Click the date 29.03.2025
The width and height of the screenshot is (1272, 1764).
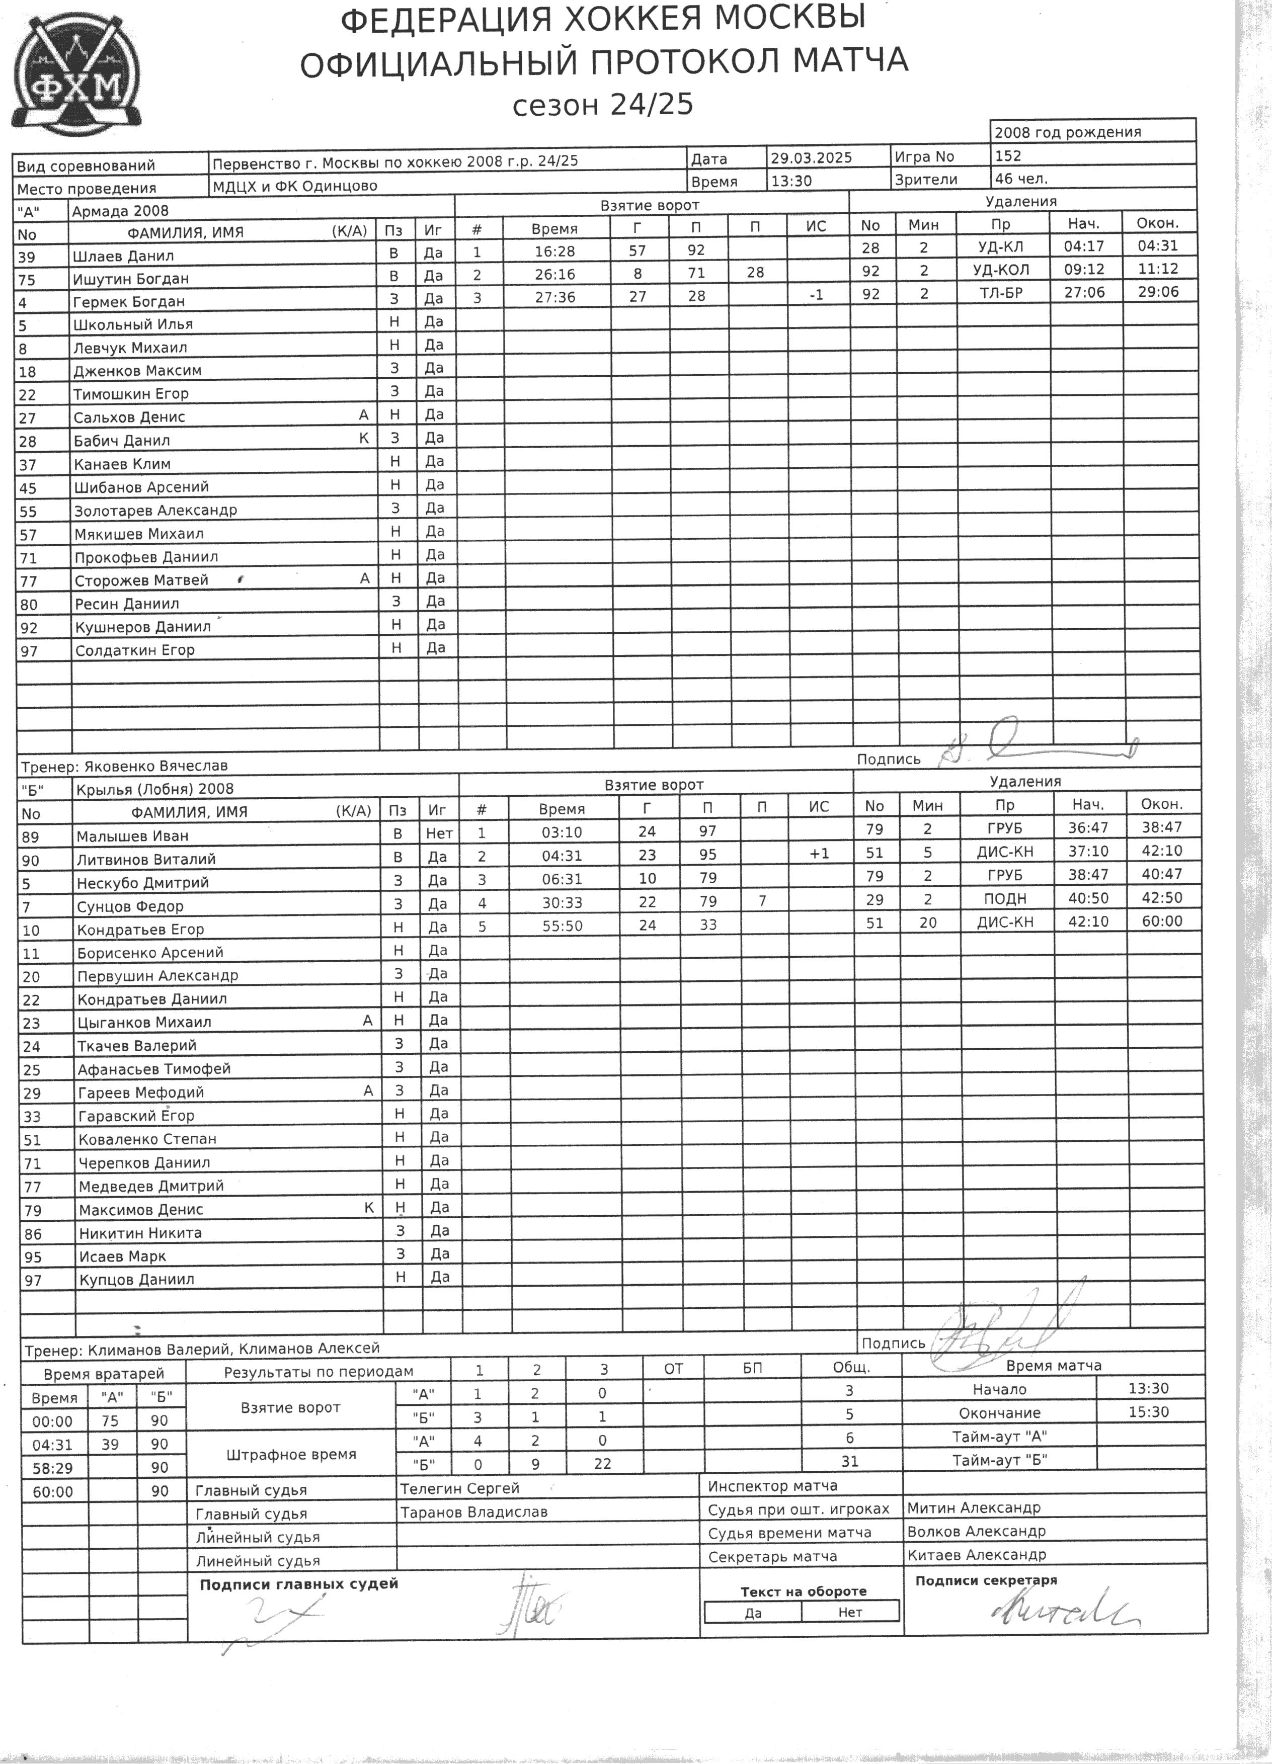click(812, 157)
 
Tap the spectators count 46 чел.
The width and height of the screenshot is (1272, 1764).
click(1021, 178)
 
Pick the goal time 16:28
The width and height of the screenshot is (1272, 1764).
click(554, 250)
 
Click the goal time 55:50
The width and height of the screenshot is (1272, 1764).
click(562, 926)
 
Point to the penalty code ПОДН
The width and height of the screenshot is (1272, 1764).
click(1005, 898)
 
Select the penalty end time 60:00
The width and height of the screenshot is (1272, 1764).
click(1161, 921)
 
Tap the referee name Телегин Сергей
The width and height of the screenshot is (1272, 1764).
click(459, 1488)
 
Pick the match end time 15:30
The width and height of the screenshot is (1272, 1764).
click(1148, 1412)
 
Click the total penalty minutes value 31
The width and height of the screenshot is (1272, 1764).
click(849, 1461)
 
